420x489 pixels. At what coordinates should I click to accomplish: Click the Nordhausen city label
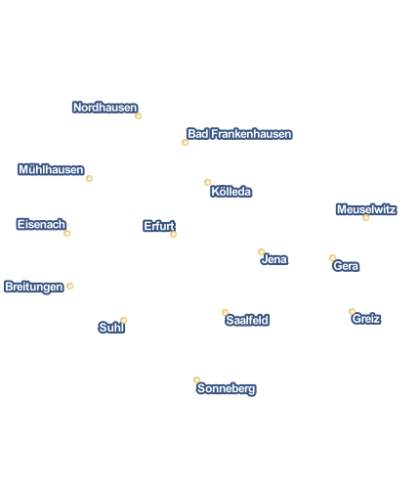(105, 108)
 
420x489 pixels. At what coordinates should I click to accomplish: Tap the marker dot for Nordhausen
(138, 115)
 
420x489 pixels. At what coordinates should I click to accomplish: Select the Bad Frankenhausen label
(239, 134)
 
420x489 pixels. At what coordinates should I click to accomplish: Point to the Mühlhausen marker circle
(89, 178)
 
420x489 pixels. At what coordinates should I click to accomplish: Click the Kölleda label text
(231, 192)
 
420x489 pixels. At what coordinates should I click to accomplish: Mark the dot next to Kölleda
(207, 182)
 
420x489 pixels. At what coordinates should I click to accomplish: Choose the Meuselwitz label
(366, 209)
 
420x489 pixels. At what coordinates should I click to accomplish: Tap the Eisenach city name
(41, 224)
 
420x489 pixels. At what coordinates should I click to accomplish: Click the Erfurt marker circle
(173, 234)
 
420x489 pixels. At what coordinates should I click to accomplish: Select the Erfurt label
(159, 226)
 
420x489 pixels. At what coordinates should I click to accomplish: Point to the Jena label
(274, 259)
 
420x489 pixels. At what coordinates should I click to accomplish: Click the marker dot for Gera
(332, 258)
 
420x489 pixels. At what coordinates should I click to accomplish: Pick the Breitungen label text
(34, 287)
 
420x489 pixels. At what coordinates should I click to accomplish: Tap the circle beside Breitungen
(69, 286)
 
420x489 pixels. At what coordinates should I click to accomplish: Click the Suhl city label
(111, 328)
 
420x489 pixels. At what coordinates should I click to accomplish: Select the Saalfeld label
(247, 320)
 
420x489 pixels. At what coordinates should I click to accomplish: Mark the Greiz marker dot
(352, 311)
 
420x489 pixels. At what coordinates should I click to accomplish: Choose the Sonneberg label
(227, 388)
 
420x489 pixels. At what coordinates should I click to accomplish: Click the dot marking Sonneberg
(196, 379)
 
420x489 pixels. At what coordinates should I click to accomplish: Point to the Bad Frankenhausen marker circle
(185, 142)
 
